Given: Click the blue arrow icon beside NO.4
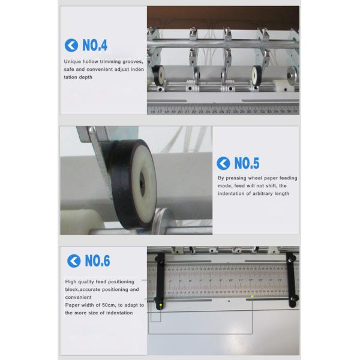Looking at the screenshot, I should pos(71,45).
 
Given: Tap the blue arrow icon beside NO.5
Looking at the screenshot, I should pos(223,163).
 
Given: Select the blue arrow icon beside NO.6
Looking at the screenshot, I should pos(74,261).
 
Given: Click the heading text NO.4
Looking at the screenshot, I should pos(95,45).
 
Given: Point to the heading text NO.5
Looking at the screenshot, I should pos(247,163).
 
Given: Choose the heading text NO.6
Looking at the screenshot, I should pos(97,261).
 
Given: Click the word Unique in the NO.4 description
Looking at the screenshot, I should pos(73,61).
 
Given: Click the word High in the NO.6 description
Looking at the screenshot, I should pos(71,281).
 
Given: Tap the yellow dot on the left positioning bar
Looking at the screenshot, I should pos(161,305).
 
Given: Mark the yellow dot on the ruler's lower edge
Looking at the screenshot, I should pos(252,296).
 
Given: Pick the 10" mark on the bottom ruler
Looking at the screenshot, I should pos(231,280).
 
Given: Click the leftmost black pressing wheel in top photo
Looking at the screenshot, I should pos(160,76).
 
